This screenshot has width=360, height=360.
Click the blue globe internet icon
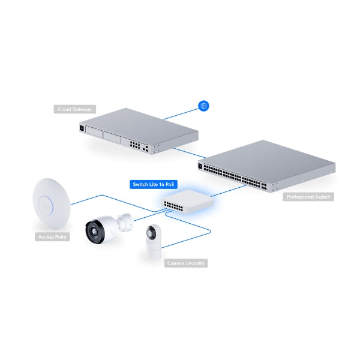203,106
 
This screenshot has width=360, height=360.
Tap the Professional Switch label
308,197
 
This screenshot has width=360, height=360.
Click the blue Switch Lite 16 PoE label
154,185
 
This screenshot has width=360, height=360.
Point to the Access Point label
53,237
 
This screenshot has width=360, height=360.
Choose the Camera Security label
186,263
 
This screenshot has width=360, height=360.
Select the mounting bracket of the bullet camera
125,221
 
